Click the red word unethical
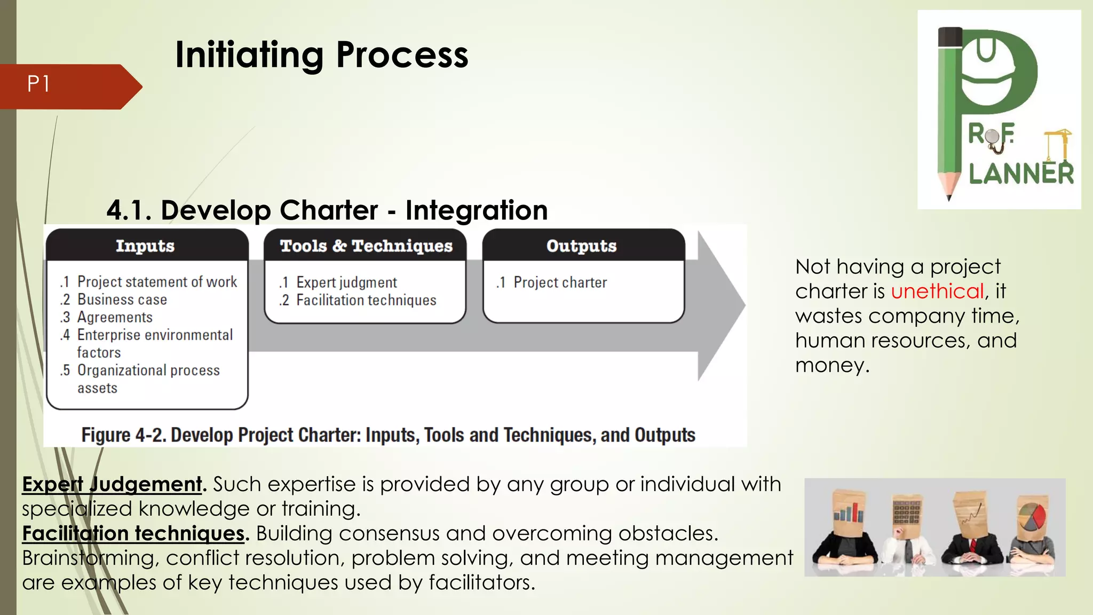point(937,291)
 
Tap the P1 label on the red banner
point(38,84)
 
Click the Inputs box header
point(145,246)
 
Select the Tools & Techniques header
point(366,246)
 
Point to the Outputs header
point(581,246)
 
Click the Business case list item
point(122,299)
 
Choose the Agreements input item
point(115,317)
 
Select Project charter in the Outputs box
point(560,282)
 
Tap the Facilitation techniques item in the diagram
point(366,300)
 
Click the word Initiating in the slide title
point(249,54)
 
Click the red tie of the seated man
point(972,546)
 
